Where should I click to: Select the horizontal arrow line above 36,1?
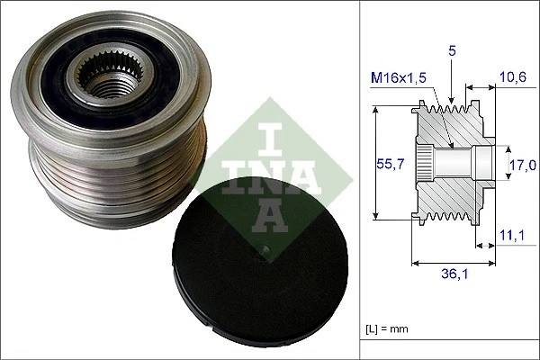tap(453, 264)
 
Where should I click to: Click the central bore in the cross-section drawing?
tap(459, 164)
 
